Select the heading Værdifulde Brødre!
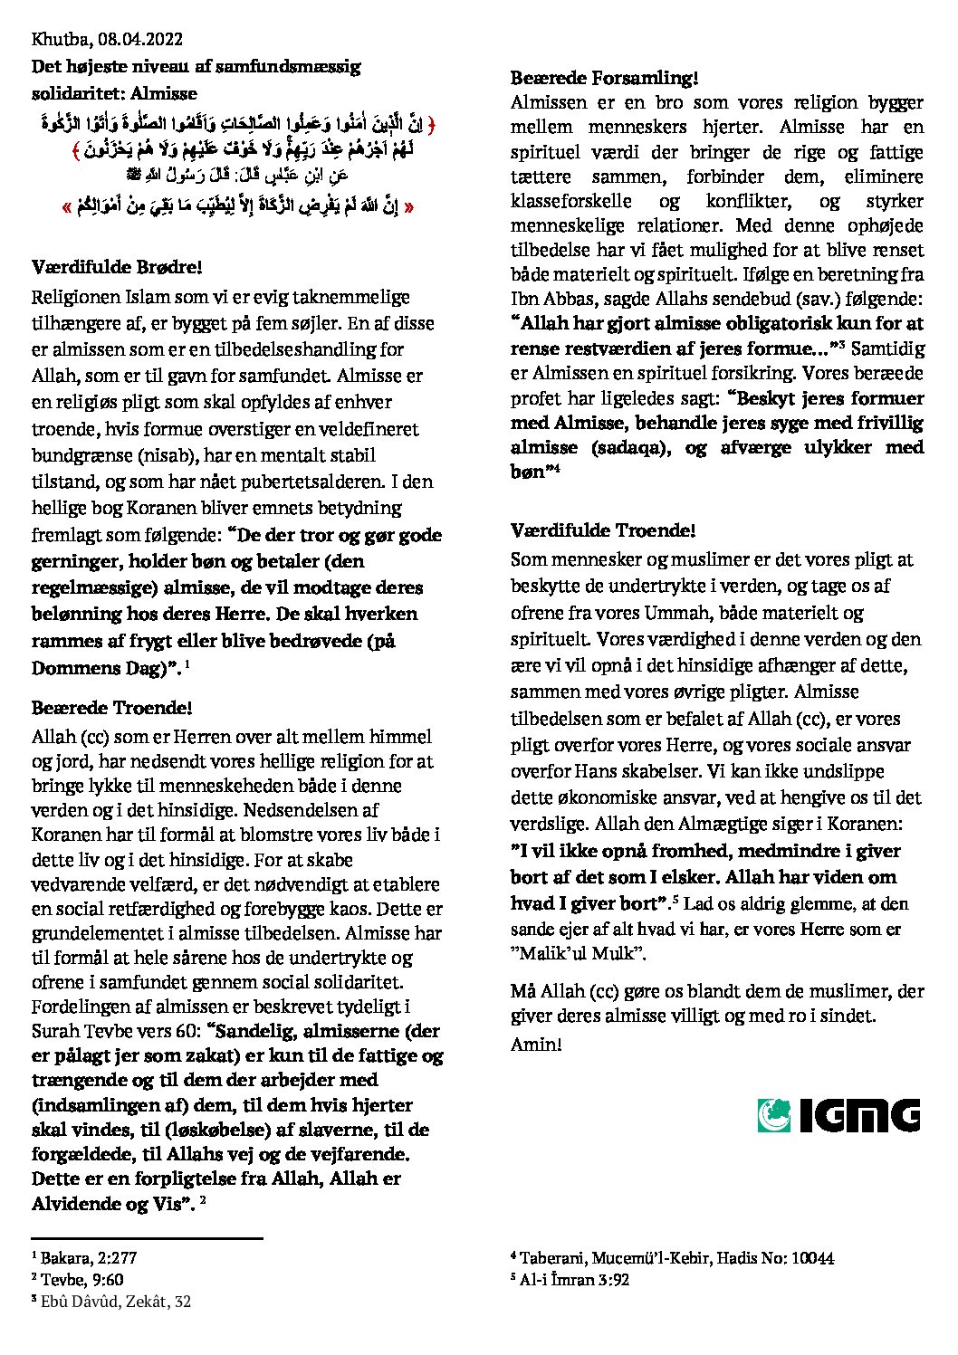116,267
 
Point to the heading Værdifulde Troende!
603,530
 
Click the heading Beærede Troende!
111,707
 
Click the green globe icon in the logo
775,1114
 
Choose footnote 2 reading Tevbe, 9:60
78,1279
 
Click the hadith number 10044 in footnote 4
812,1257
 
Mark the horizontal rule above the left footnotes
147,1237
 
